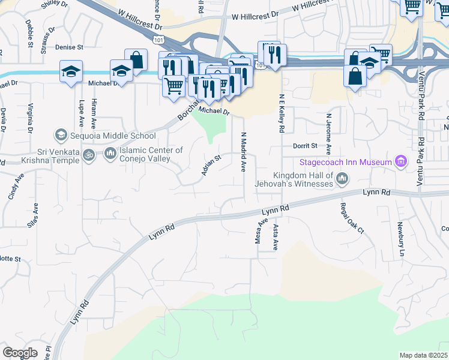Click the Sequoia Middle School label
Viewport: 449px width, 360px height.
pyautogui.click(x=113, y=136)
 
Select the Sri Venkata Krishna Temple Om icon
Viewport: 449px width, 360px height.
pyautogui.click(x=89, y=155)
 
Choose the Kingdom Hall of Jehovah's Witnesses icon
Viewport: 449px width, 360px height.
pyautogui.click(x=342, y=178)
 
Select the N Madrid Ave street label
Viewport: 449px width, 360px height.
pyautogui.click(x=244, y=153)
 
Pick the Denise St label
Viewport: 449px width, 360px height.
pyautogui.click(x=68, y=46)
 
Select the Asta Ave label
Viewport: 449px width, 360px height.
pyautogui.click(x=276, y=236)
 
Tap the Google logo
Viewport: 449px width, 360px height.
pyautogui.click(x=20, y=353)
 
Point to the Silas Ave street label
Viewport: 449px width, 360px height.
pyautogui.click(x=35, y=215)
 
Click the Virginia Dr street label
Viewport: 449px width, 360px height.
pyautogui.click(x=30, y=118)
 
